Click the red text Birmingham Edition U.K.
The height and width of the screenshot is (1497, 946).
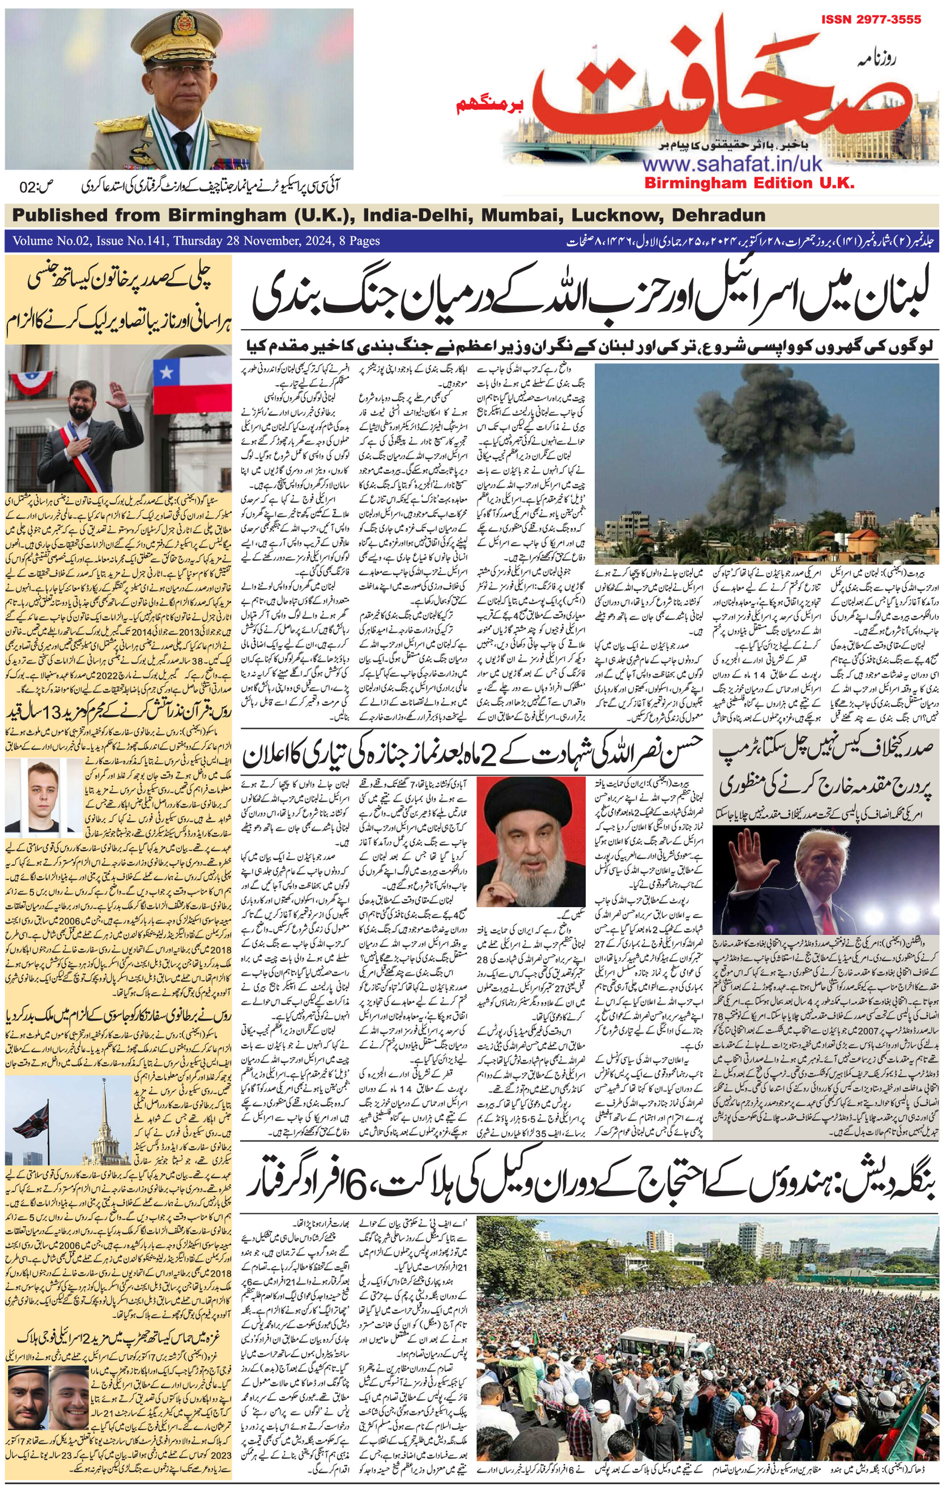tap(749, 183)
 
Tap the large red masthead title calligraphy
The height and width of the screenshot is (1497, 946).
tap(715, 87)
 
